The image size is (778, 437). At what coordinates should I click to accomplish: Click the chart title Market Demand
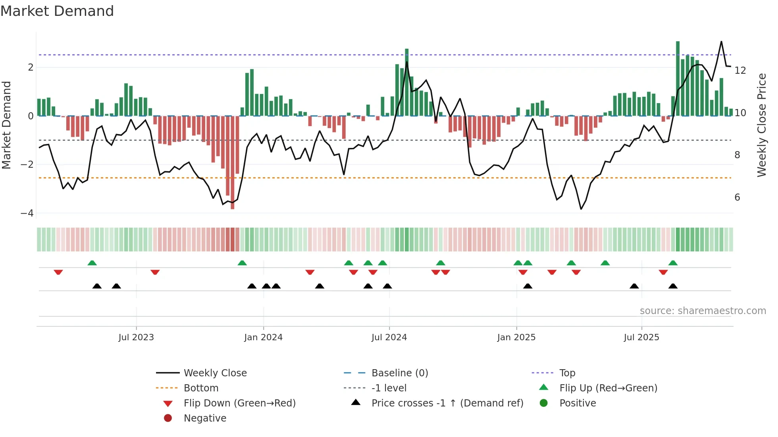click(x=57, y=11)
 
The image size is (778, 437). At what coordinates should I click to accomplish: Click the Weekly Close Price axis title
click(x=761, y=125)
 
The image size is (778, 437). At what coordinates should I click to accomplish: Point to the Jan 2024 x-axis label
click(x=263, y=337)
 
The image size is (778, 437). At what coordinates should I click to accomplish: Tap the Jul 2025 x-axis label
click(x=641, y=337)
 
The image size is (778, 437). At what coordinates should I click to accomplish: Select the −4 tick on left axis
click(x=27, y=213)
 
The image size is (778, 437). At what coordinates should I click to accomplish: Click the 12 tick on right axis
click(x=740, y=71)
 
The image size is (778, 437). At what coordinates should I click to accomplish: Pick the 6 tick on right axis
click(x=737, y=197)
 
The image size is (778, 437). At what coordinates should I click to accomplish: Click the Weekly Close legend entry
click(x=215, y=373)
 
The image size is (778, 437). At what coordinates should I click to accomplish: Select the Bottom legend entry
click(x=201, y=388)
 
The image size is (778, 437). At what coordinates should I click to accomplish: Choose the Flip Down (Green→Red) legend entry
click(x=239, y=403)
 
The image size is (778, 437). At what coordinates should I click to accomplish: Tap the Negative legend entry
click(x=205, y=418)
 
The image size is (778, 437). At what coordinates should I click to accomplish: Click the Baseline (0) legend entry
click(x=399, y=373)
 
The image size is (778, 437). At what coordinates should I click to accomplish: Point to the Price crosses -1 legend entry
click(x=447, y=403)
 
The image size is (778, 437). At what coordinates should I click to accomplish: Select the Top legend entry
click(x=567, y=373)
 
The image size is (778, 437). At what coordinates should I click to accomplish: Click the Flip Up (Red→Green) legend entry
click(x=608, y=388)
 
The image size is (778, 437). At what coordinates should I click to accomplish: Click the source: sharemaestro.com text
click(x=703, y=311)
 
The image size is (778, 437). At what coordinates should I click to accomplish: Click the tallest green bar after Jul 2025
click(x=678, y=79)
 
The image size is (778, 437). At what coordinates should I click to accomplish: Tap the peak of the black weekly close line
click(x=721, y=42)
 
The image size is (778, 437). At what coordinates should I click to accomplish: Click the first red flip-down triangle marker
click(x=58, y=272)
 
